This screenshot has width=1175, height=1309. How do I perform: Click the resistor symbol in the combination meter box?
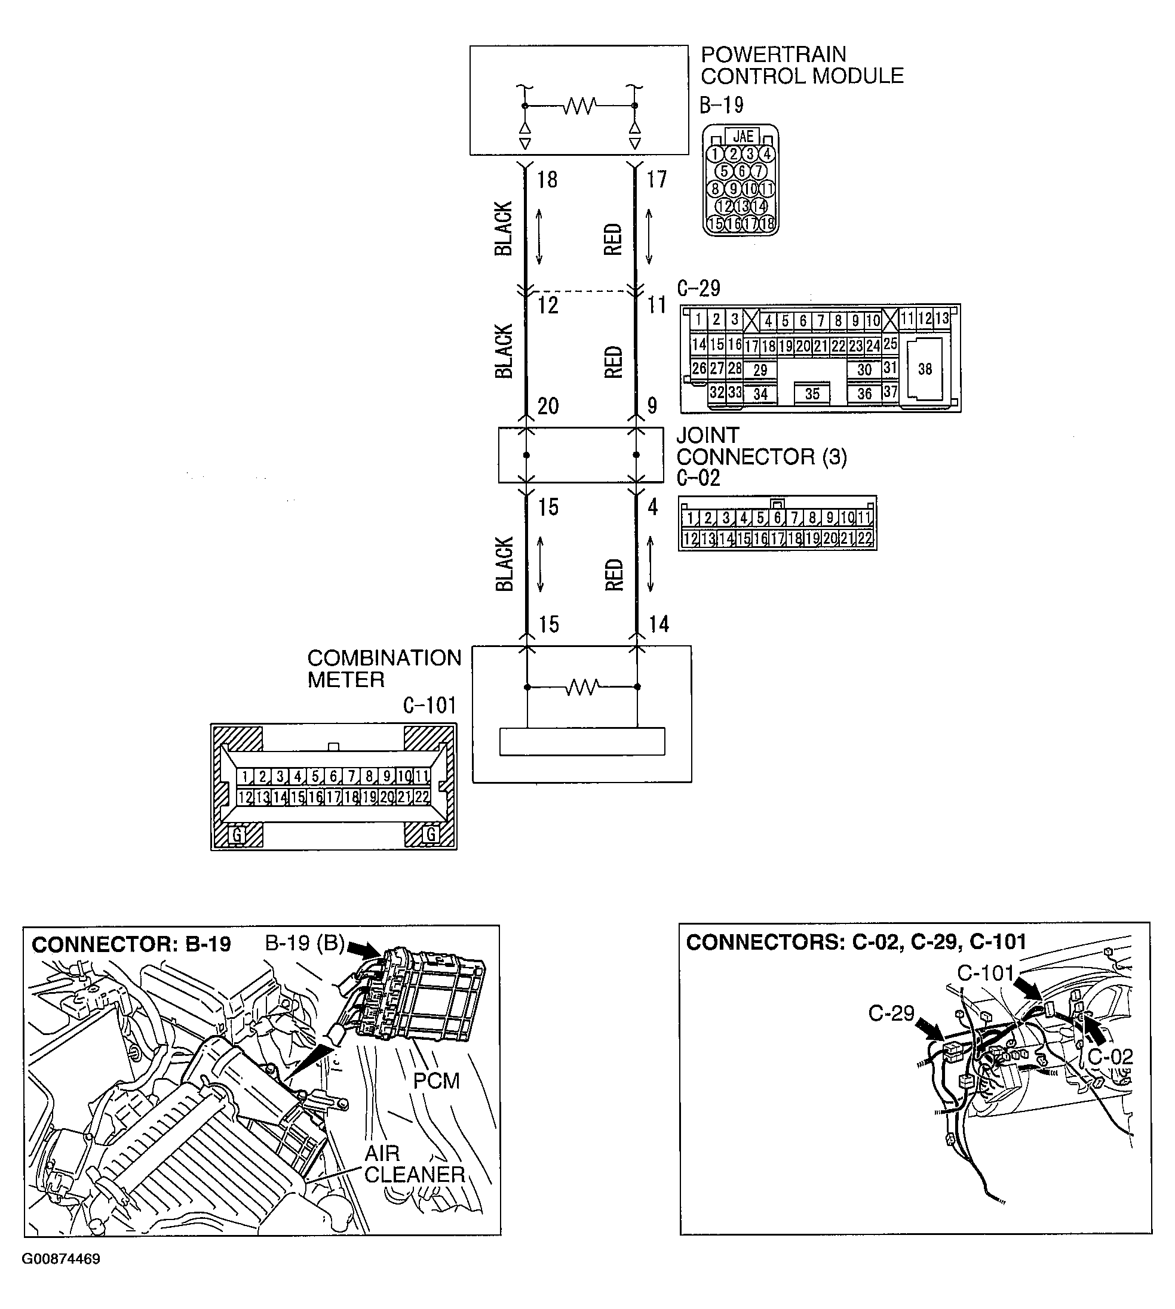coord(582,687)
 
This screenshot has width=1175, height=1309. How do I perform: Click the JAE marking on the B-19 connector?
coord(743,136)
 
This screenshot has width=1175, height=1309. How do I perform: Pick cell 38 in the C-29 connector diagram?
coord(925,369)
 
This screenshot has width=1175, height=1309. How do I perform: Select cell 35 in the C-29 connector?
coord(812,393)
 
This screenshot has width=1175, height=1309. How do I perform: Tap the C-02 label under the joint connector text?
coord(698,478)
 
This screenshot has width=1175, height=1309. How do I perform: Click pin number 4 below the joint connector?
coord(653,507)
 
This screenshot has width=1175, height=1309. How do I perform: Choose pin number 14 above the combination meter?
coord(658,624)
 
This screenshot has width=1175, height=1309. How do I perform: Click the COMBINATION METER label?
coord(384,669)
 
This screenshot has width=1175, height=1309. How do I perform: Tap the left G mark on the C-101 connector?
coord(237,835)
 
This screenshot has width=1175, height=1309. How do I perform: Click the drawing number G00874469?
coord(61,1259)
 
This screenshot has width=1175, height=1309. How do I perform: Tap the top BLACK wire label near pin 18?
coord(504,229)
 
